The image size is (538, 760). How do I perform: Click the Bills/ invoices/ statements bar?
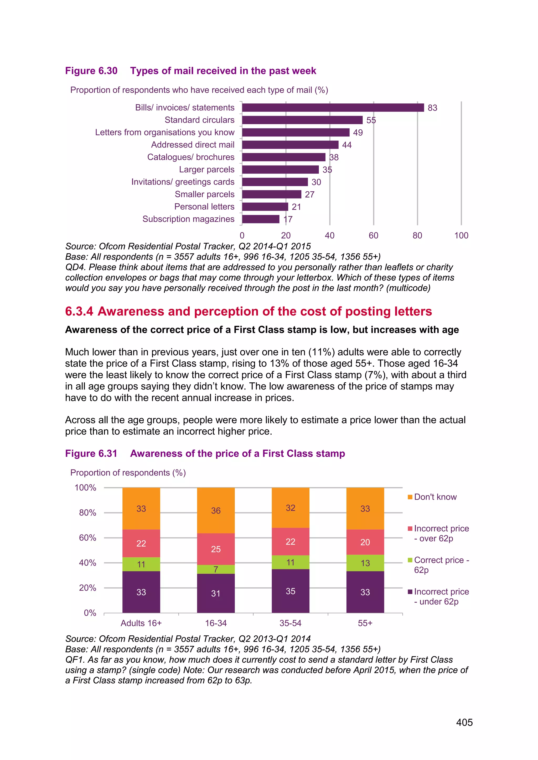[x=333, y=108]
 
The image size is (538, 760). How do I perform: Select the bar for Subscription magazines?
[x=261, y=219]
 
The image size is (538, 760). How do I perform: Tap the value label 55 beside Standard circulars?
[x=371, y=120]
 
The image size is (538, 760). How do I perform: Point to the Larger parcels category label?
[x=206, y=170]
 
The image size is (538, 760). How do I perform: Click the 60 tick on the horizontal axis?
[x=373, y=235]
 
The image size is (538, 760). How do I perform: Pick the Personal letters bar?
[x=265, y=207]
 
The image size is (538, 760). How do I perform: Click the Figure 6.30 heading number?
[x=91, y=71]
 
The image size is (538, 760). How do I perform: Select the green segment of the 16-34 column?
[x=216, y=569]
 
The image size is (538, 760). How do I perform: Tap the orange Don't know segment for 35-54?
[x=290, y=508]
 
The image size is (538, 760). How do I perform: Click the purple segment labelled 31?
[x=216, y=593]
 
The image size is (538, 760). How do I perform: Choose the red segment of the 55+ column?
[x=365, y=542]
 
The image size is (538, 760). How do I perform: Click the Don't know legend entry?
[x=435, y=497]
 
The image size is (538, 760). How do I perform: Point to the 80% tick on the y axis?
[x=87, y=513]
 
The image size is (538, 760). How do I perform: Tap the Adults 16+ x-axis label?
[x=141, y=623]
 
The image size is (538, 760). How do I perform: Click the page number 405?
[x=464, y=722]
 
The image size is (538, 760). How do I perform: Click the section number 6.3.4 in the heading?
[x=79, y=312]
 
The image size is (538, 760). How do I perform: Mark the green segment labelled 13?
[x=365, y=563]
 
